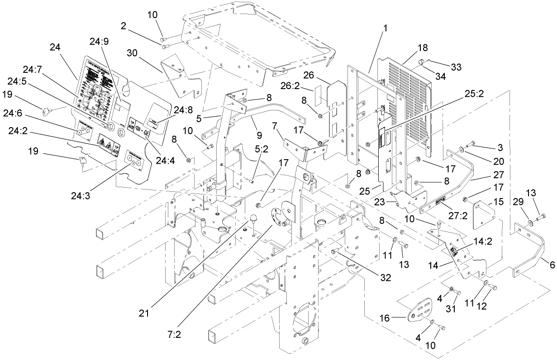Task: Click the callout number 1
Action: click(385, 28)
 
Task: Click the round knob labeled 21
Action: click(253, 220)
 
